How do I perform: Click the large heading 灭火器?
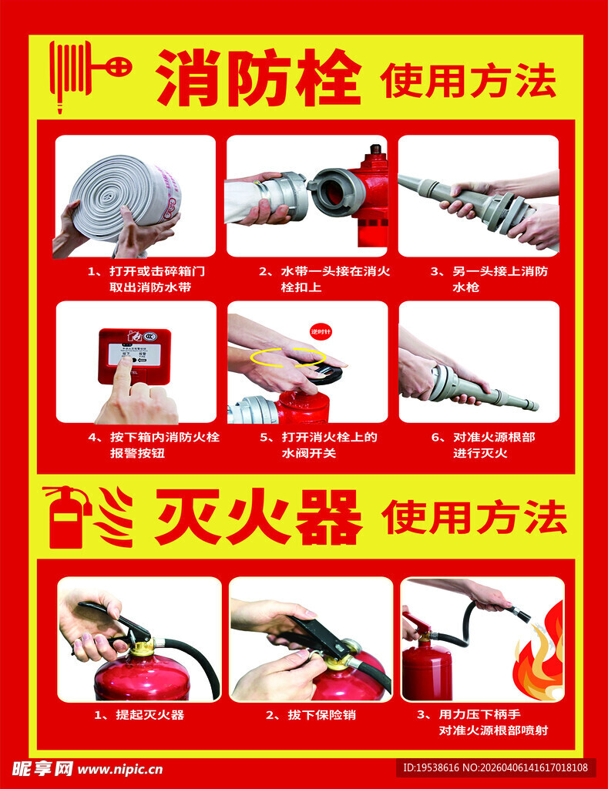click(x=258, y=517)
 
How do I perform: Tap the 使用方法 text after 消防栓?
click(x=468, y=81)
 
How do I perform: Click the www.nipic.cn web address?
click(x=120, y=768)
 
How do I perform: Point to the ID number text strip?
click(x=495, y=767)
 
